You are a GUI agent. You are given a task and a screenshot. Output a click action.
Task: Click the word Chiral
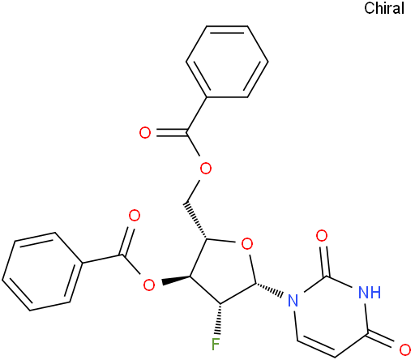point(384,8)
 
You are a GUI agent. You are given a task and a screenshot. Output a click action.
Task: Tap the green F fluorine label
point(216,345)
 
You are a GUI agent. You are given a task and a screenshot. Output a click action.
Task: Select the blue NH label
point(370,292)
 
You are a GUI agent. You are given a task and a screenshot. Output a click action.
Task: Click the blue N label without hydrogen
point(293,300)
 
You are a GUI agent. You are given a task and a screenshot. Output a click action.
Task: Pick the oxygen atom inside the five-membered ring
point(247,244)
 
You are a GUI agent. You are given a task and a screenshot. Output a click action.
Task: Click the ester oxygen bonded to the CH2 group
point(205,169)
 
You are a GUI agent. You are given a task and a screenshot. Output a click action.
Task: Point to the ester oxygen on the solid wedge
point(149,285)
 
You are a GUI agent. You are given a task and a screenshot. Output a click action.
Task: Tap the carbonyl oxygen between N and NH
point(322,236)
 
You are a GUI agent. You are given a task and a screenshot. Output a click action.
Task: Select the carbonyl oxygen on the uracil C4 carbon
point(405,349)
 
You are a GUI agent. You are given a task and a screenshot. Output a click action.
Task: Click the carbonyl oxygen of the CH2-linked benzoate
point(145,133)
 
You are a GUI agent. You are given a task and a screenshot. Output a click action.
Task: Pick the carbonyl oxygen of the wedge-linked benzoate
point(135,216)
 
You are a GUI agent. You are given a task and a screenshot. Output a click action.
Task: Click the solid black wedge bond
point(176,281)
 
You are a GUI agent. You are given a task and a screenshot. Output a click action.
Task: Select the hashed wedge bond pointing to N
point(270,289)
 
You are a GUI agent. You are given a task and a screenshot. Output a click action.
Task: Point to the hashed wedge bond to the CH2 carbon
point(195,221)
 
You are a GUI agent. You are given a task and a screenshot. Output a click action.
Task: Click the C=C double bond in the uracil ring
point(317,349)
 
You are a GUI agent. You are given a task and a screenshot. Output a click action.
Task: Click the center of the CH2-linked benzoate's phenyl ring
point(227,62)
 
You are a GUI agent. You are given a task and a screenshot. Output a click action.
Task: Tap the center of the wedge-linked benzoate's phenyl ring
point(42,272)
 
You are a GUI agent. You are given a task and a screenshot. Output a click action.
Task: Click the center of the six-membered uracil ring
point(332,316)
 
